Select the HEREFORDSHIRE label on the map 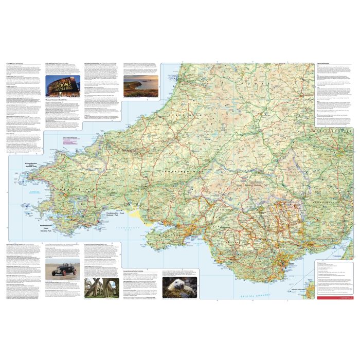coord(335,131)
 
